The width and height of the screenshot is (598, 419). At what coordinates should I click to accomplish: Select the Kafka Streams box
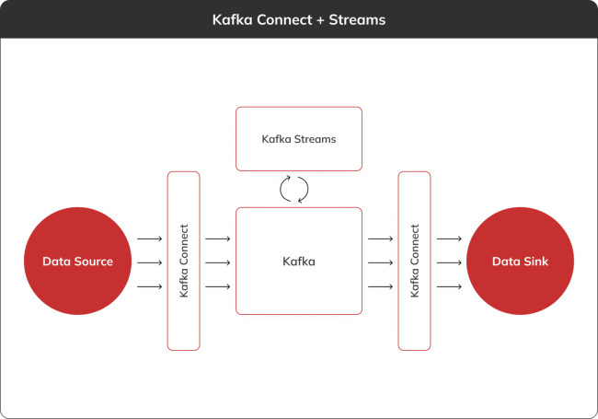pyautogui.click(x=299, y=139)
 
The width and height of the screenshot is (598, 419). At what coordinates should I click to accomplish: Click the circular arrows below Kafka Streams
pyautogui.click(x=293, y=189)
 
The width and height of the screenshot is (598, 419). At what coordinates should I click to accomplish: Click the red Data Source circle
pyautogui.click(x=78, y=262)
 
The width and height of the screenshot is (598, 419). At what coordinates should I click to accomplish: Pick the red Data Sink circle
pyautogui.click(x=520, y=262)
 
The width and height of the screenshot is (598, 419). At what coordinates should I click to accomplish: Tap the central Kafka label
pyautogui.click(x=299, y=262)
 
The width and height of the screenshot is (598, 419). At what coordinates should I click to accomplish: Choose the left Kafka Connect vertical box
pyautogui.click(x=184, y=261)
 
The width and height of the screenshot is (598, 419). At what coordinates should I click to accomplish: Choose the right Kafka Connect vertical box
pyautogui.click(x=414, y=261)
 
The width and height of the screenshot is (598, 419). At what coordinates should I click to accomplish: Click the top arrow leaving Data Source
pyautogui.click(x=150, y=239)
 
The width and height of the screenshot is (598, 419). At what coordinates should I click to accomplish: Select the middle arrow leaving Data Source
pyautogui.click(x=150, y=262)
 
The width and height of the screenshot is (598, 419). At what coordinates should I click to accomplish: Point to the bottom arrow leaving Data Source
pyautogui.click(x=150, y=286)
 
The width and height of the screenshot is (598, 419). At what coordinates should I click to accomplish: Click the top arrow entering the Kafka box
pyautogui.click(x=218, y=239)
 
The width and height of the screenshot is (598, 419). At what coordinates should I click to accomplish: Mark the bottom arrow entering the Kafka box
pyautogui.click(x=218, y=286)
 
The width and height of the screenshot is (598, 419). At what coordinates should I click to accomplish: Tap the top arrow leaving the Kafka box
pyautogui.click(x=380, y=239)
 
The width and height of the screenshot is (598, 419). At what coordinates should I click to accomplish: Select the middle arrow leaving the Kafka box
pyautogui.click(x=380, y=262)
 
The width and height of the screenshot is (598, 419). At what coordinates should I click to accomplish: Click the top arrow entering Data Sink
pyautogui.click(x=449, y=239)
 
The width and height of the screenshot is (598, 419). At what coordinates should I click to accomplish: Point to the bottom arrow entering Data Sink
pyautogui.click(x=449, y=286)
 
